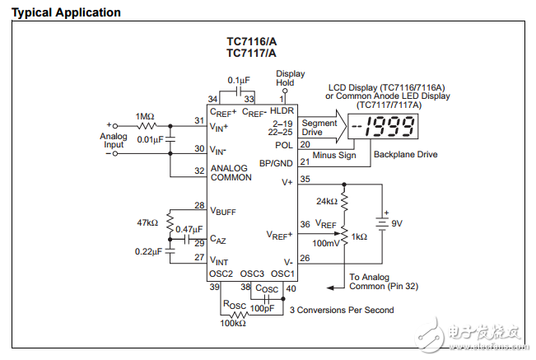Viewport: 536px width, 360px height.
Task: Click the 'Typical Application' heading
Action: (x=66, y=12)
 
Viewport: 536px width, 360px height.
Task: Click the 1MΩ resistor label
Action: (x=146, y=116)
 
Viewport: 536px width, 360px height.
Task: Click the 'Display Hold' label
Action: (x=285, y=77)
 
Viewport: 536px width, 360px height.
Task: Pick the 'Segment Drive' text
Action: (x=319, y=127)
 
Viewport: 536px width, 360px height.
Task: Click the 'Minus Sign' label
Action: (x=333, y=154)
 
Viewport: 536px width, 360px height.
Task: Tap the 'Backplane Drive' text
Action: (x=405, y=154)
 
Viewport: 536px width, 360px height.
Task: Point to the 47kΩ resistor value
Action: (x=148, y=222)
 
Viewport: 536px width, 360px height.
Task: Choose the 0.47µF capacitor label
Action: (x=190, y=229)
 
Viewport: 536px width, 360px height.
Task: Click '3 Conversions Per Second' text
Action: (x=341, y=310)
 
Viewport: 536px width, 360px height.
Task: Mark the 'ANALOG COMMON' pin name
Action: (x=231, y=173)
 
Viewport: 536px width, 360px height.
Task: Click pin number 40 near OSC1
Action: (x=290, y=288)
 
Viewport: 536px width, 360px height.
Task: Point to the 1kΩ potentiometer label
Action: (x=359, y=236)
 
